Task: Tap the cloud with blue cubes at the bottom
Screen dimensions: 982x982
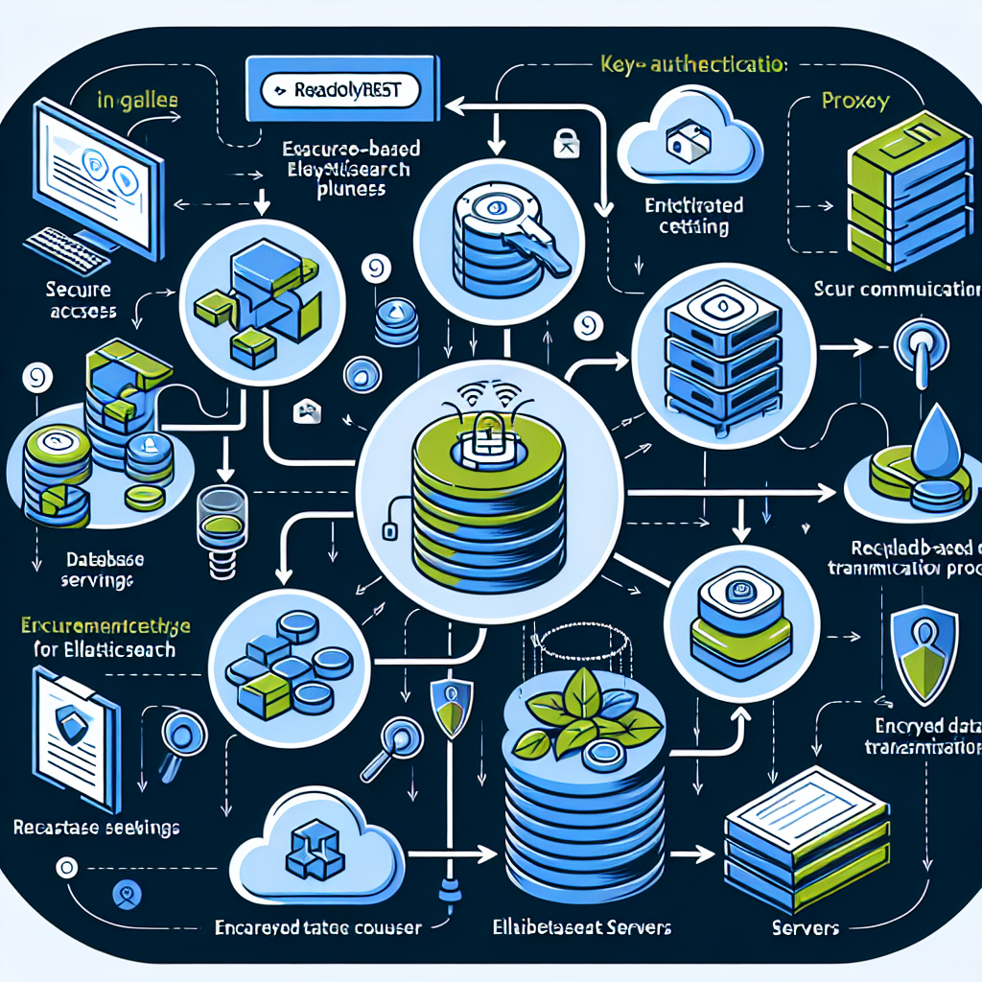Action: pyautogui.click(x=312, y=854)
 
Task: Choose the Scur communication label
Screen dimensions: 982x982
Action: pyautogui.click(x=897, y=287)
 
